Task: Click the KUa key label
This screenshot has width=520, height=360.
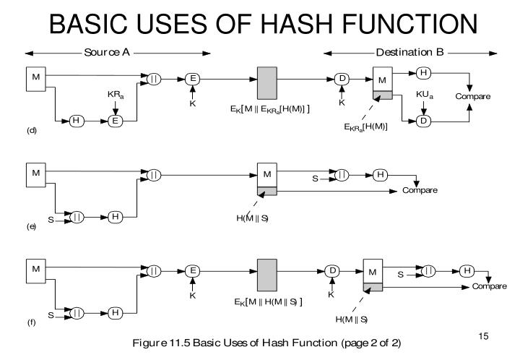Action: [x=424, y=95]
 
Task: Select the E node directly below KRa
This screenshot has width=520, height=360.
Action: [x=113, y=120]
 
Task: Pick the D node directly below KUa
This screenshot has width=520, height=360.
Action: [x=424, y=120]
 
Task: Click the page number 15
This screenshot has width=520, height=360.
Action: [x=484, y=338]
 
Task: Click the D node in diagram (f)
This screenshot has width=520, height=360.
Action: [x=333, y=270]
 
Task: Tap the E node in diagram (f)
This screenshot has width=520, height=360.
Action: [x=191, y=270]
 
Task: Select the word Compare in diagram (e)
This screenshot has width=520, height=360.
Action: [x=420, y=190]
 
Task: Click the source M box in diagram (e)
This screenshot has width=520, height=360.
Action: [x=35, y=174]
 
